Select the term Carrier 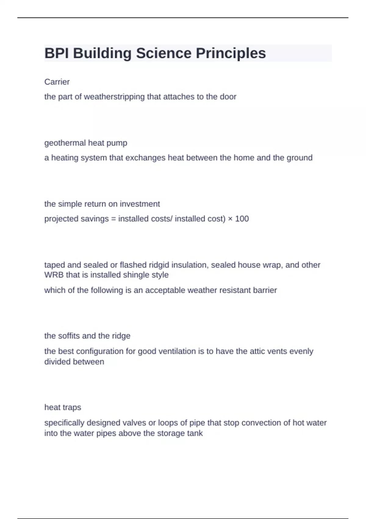(x=57, y=82)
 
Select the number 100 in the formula (x=242, y=219)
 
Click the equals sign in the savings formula (x=113, y=219)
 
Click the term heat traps (x=63, y=407)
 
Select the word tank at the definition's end (x=195, y=433)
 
